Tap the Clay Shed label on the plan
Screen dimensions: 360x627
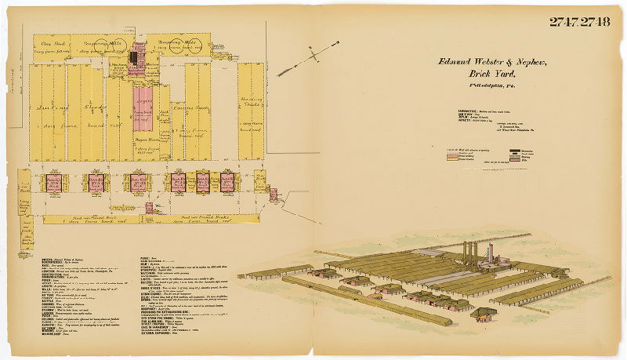click(x=53, y=43)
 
